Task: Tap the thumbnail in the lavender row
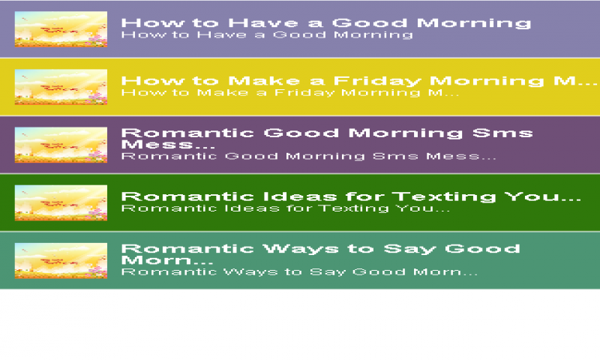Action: click(61, 29)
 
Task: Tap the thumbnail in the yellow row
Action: click(61, 87)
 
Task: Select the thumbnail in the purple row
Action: click(61, 145)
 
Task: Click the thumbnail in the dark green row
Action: click(61, 202)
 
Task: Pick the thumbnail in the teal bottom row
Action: click(61, 260)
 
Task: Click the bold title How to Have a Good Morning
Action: click(326, 23)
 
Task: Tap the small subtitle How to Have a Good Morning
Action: click(267, 34)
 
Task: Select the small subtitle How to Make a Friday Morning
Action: click(290, 93)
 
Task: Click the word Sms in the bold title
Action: click(502, 133)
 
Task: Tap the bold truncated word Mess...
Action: click(168, 145)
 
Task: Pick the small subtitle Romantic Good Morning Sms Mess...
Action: click(309, 157)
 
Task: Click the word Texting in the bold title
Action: click(444, 196)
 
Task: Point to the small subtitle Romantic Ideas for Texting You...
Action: click(286, 208)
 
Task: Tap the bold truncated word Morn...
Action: click(167, 260)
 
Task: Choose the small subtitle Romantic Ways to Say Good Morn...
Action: click(299, 272)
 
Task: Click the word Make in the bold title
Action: click(264, 81)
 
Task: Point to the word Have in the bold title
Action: click(263, 23)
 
